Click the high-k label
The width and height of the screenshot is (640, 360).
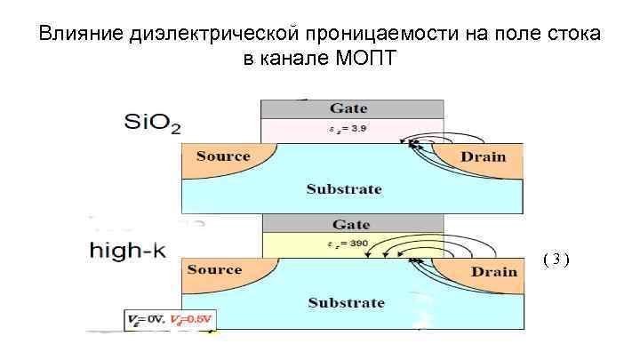(126, 251)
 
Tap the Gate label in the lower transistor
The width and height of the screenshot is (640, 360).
(350, 224)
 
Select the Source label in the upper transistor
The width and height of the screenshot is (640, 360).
(223, 156)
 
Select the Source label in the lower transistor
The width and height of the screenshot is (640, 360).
(214, 269)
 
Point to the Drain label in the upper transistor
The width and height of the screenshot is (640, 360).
(483, 156)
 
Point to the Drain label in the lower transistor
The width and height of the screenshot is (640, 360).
(494, 271)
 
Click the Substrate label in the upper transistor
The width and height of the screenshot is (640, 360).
(344, 188)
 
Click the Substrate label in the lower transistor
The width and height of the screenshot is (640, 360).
(346, 303)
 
